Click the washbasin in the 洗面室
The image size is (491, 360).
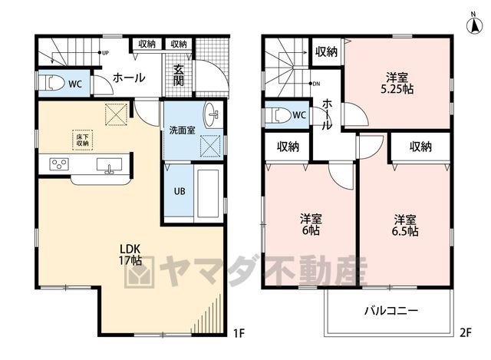point(213,114)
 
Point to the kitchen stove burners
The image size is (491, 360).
point(60,164)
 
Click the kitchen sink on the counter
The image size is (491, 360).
point(109,165)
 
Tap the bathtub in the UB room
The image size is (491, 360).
point(208,193)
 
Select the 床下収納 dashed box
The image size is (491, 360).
point(83,140)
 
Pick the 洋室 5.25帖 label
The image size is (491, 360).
point(397,84)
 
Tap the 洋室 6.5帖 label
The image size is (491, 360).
point(405,225)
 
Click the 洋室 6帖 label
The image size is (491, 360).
point(311,224)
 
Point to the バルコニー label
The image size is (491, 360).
point(390,311)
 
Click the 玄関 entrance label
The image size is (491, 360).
point(179,76)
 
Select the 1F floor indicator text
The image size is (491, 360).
point(239,333)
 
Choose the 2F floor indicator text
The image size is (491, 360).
point(466,332)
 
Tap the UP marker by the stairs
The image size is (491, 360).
point(105,53)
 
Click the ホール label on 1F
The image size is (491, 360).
point(129,78)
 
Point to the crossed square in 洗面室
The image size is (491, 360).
point(210,146)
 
